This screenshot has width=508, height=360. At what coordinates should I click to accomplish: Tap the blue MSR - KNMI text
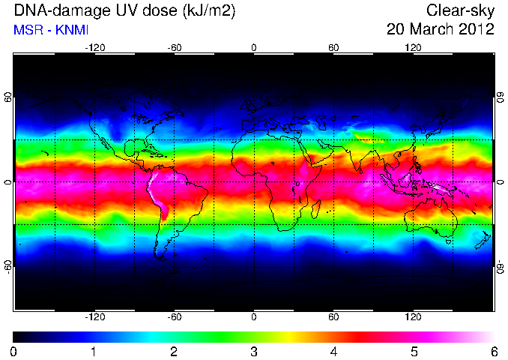[x=51, y=30]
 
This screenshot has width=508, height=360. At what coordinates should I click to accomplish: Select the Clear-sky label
[x=460, y=10]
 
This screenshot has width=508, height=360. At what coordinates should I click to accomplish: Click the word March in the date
[x=431, y=28]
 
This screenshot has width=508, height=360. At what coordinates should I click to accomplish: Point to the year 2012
[x=475, y=28]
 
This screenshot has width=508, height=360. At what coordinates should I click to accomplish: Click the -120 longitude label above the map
[x=95, y=48]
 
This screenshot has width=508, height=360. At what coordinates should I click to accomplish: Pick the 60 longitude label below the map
[x=333, y=316]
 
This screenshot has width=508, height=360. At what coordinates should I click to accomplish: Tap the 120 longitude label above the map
[x=413, y=48]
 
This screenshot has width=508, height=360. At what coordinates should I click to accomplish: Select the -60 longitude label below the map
[x=175, y=316]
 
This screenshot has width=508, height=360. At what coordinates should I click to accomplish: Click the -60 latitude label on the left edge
[x=8, y=267]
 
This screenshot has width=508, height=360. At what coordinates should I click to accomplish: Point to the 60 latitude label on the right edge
[x=501, y=97]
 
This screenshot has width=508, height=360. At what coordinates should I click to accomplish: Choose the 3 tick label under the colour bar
[x=254, y=352]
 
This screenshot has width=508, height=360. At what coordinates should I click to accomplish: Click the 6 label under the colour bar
[x=494, y=352]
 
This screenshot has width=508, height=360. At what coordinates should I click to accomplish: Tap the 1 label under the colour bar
[x=94, y=352]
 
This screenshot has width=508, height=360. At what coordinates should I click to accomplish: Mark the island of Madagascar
[x=316, y=209]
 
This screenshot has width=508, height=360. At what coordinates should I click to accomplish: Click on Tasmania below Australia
[x=448, y=241]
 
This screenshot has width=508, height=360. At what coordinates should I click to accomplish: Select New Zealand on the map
[x=483, y=240]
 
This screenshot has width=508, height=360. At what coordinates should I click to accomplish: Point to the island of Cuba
[x=154, y=153]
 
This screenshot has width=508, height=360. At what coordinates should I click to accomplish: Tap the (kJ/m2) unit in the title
[x=208, y=11]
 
